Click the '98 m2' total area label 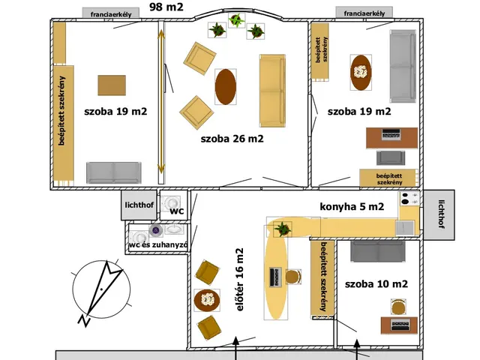click(x=166, y=7)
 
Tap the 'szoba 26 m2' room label click(x=232, y=139)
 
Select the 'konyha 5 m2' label click(x=352, y=207)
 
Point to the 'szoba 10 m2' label click(x=376, y=283)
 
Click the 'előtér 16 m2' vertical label click(x=240, y=280)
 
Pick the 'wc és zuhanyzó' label click(x=158, y=244)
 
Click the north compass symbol click(x=101, y=290)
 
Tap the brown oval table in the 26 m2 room click(x=226, y=87)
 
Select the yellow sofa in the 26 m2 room click(x=272, y=91)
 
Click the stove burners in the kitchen click(x=409, y=198)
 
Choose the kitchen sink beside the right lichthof click(x=405, y=228)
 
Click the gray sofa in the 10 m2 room click(x=378, y=251)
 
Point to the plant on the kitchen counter click(x=282, y=229)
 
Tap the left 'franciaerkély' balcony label click(x=111, y=14)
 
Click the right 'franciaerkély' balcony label click(x=364, y=13)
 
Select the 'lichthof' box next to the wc click(x=139, y=205)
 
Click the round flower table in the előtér click(x=207, y=300)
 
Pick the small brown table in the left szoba click(x=112, y=85)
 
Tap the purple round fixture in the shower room click(x=156, y=230)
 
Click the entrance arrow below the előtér click(x=235, y=348)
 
